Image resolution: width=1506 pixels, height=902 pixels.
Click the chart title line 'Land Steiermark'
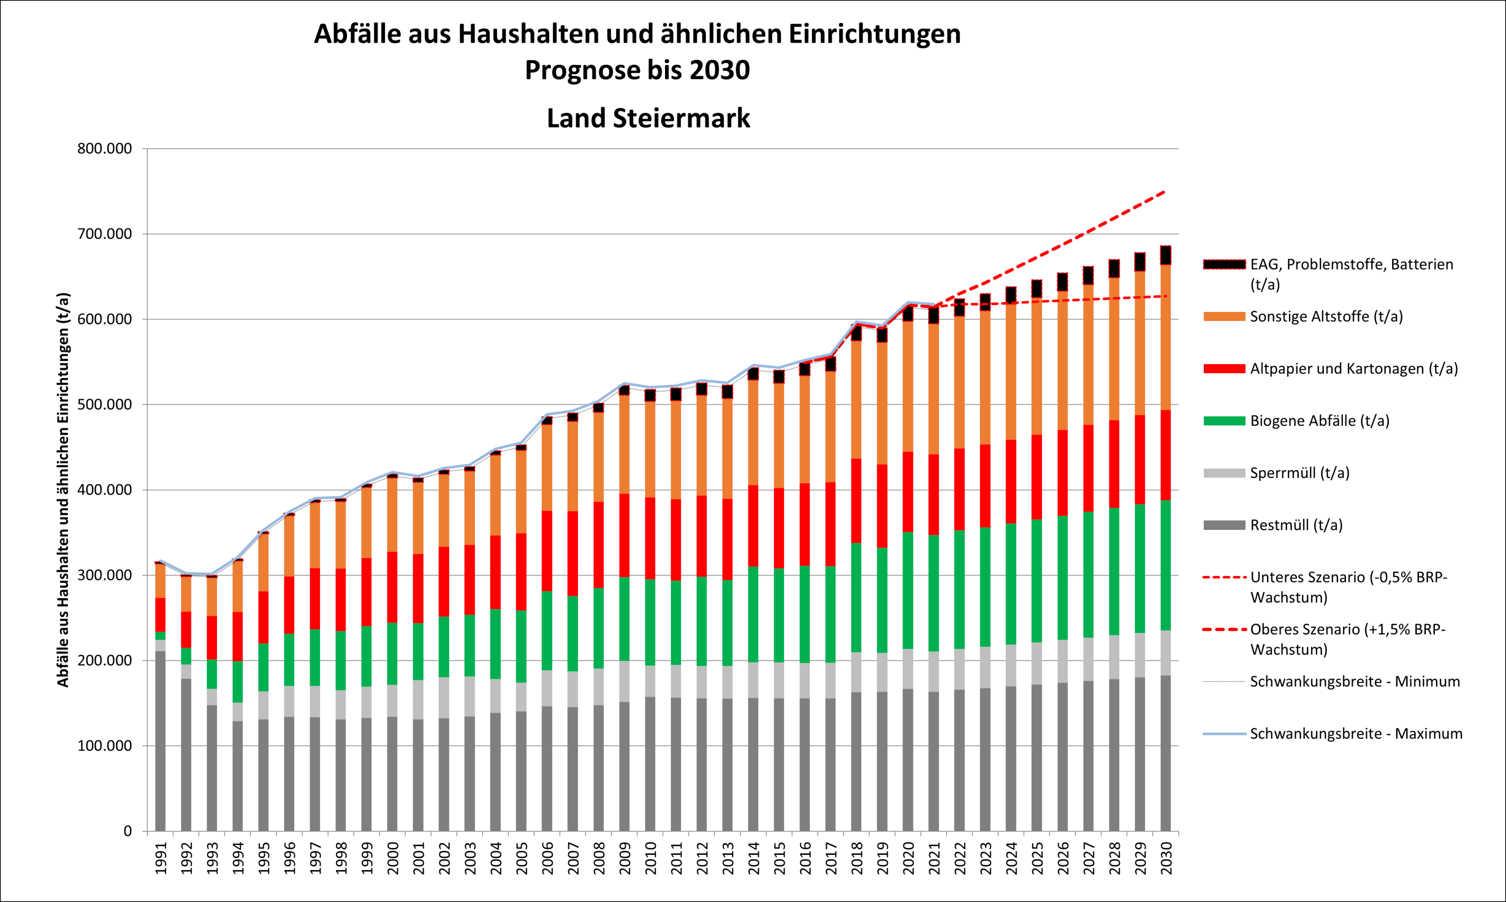point(648,118)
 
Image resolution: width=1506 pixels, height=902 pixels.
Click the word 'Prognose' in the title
point(580,70)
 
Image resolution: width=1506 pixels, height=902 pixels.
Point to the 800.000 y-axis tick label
point(104,149)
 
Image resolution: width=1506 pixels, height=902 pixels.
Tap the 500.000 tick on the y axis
point(104,405)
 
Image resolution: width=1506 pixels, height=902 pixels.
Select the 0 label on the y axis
point(127,831)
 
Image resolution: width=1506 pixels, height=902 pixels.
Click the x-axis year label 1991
point(161,858)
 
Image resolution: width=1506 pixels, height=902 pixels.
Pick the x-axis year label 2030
point(1166,858)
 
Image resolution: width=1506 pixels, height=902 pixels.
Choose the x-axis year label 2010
point(650,858)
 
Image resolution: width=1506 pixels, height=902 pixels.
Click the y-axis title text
point(63,490)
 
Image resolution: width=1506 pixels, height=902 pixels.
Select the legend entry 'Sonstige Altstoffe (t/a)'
point(1326,317)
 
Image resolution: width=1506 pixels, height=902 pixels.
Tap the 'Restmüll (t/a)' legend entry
point(1296,525)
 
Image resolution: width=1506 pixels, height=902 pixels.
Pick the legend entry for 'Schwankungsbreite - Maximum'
point(1355,734)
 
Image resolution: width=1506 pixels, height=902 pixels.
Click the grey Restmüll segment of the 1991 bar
point(160,742)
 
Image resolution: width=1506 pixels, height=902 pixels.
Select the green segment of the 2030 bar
point(1165,565)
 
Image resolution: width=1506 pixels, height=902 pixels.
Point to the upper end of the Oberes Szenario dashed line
point(1164,192)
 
